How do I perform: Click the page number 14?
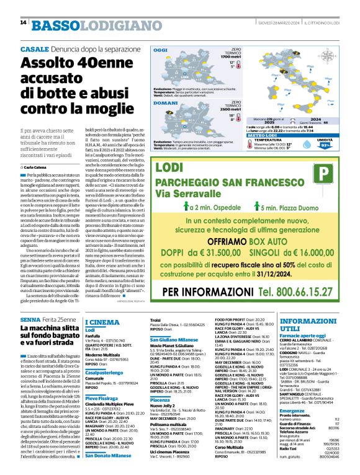pos(23,23)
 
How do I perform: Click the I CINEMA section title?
pos(102,322)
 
